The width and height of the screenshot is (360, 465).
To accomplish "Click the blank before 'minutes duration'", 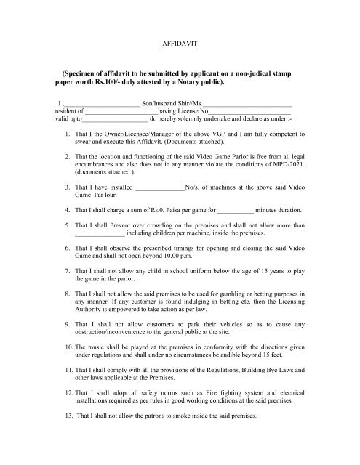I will click(x=234, y=209).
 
